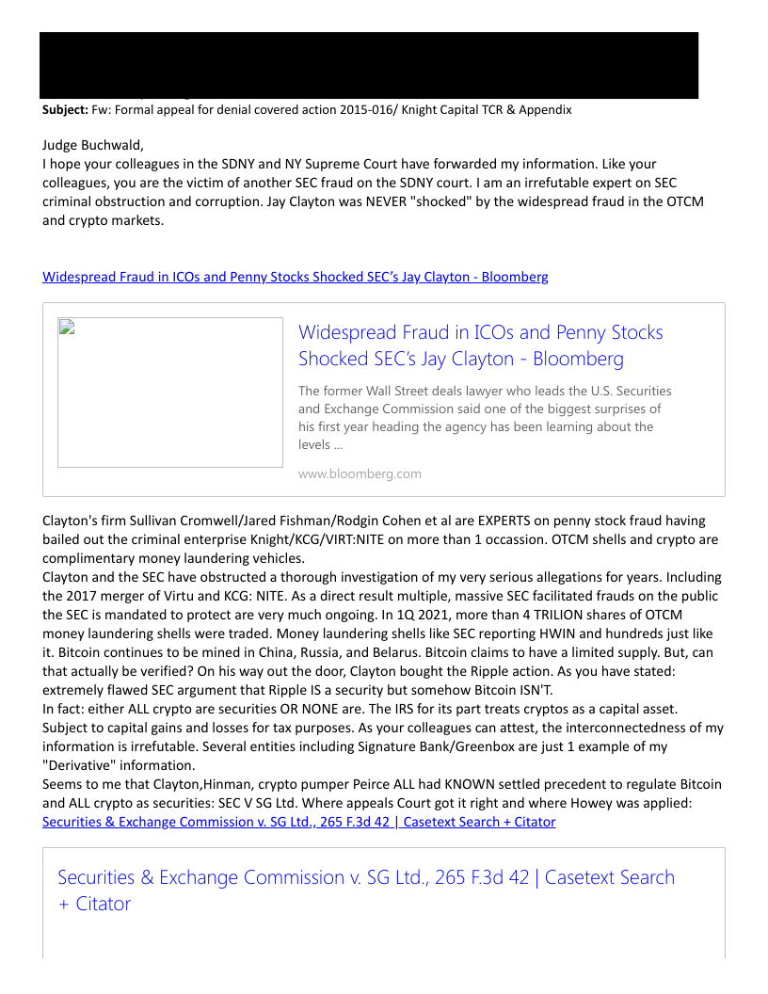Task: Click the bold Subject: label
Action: [x=65, y=110]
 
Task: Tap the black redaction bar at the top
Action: [x=369, y=64]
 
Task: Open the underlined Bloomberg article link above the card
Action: [x=296, y=277]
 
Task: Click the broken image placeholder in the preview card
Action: [x=170, y=393]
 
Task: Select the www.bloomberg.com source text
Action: [x=360, y=473]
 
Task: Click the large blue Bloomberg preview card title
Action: [x=480, y=345]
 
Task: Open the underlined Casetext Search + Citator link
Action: [x=299, y=822]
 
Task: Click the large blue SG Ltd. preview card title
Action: [x=366, y=890]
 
